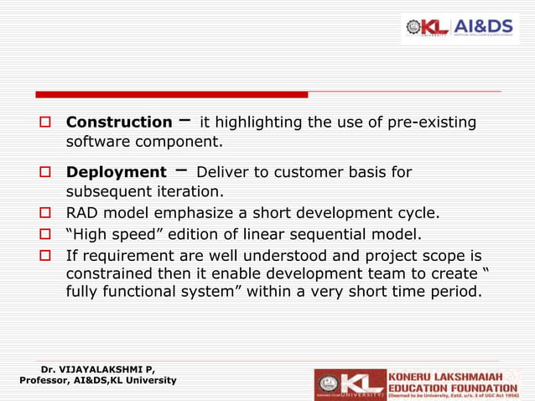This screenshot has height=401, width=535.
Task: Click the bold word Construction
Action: [x=119, y=122]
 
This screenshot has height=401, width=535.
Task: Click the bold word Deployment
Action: [x=116, y=172]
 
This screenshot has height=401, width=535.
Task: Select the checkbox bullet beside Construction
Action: [x=47, y=123]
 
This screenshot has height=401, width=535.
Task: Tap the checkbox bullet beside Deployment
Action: [x=47, y=173]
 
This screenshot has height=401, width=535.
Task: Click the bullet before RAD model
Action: [x=47, y=213]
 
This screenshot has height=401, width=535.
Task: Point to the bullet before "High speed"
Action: [x=47, y=234]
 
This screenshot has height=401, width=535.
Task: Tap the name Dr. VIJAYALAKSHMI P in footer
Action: [x=97, y=368]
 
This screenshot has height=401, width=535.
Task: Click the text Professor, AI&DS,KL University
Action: [x=97, y=380]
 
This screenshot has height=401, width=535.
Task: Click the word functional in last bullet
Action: [x=139, y=293]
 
